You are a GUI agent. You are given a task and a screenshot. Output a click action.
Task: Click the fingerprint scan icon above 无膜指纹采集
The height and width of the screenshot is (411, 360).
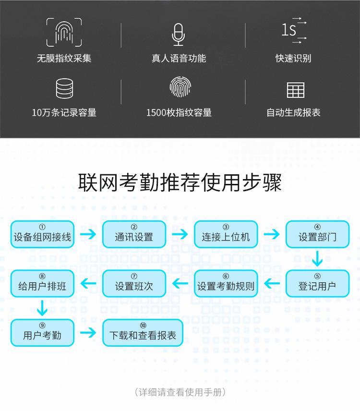point(64,32)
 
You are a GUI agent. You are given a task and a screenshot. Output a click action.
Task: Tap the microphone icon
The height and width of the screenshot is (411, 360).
point(178,33)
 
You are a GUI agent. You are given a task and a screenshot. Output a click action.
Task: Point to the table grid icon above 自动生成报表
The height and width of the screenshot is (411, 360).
point(295,90)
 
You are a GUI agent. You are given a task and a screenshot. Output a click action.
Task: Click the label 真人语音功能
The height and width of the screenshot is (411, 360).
point(179,59)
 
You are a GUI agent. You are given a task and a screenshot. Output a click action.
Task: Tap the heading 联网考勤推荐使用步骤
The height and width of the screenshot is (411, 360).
point(180,182)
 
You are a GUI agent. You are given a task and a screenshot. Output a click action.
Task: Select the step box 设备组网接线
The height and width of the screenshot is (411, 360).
point(42,234)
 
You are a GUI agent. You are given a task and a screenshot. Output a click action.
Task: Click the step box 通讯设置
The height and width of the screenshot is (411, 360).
point(134,234)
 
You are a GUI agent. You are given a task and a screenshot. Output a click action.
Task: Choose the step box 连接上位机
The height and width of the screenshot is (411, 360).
point(226,234)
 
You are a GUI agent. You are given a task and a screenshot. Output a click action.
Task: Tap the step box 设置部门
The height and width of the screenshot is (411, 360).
point(317,234)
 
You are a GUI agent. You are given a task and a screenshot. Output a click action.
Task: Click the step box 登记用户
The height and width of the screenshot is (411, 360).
point(317,284)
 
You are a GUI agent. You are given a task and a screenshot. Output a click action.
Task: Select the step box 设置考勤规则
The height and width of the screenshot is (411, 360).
point(226,284)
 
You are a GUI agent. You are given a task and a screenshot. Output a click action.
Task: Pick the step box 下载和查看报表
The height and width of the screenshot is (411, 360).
point(143,333)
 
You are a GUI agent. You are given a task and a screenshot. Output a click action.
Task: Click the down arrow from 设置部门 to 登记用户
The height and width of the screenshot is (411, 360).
point(317,259)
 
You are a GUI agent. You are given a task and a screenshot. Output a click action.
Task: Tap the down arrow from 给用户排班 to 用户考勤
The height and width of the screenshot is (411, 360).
point(43,308)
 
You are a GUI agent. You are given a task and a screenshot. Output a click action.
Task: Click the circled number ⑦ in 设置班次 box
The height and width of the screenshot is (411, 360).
point(134,277)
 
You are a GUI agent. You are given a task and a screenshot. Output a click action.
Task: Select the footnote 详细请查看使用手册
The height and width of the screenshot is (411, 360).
point(180,392)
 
